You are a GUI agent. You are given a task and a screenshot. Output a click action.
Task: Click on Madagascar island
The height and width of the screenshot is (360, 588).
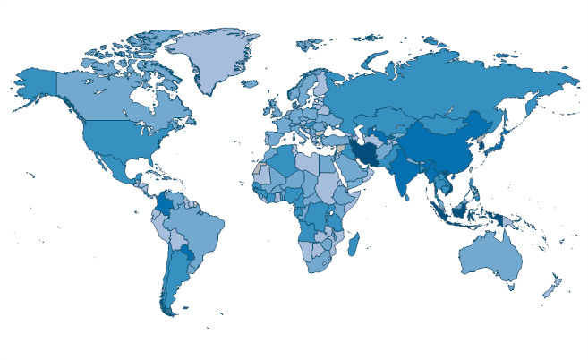pos(354,243)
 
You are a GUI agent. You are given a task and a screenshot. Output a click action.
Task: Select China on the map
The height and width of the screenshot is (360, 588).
pos(447,148)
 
